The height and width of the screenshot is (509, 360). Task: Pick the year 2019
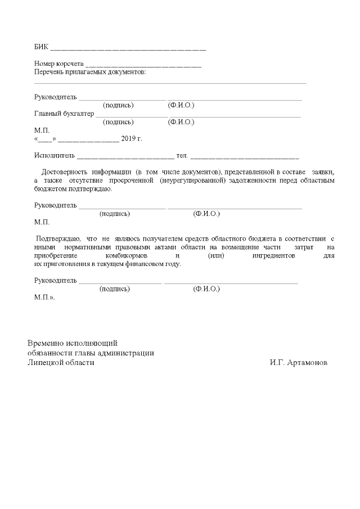tap(128, 138)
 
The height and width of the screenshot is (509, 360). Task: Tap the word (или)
tap(217, 255)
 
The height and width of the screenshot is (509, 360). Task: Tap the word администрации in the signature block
tap(128, 353)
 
